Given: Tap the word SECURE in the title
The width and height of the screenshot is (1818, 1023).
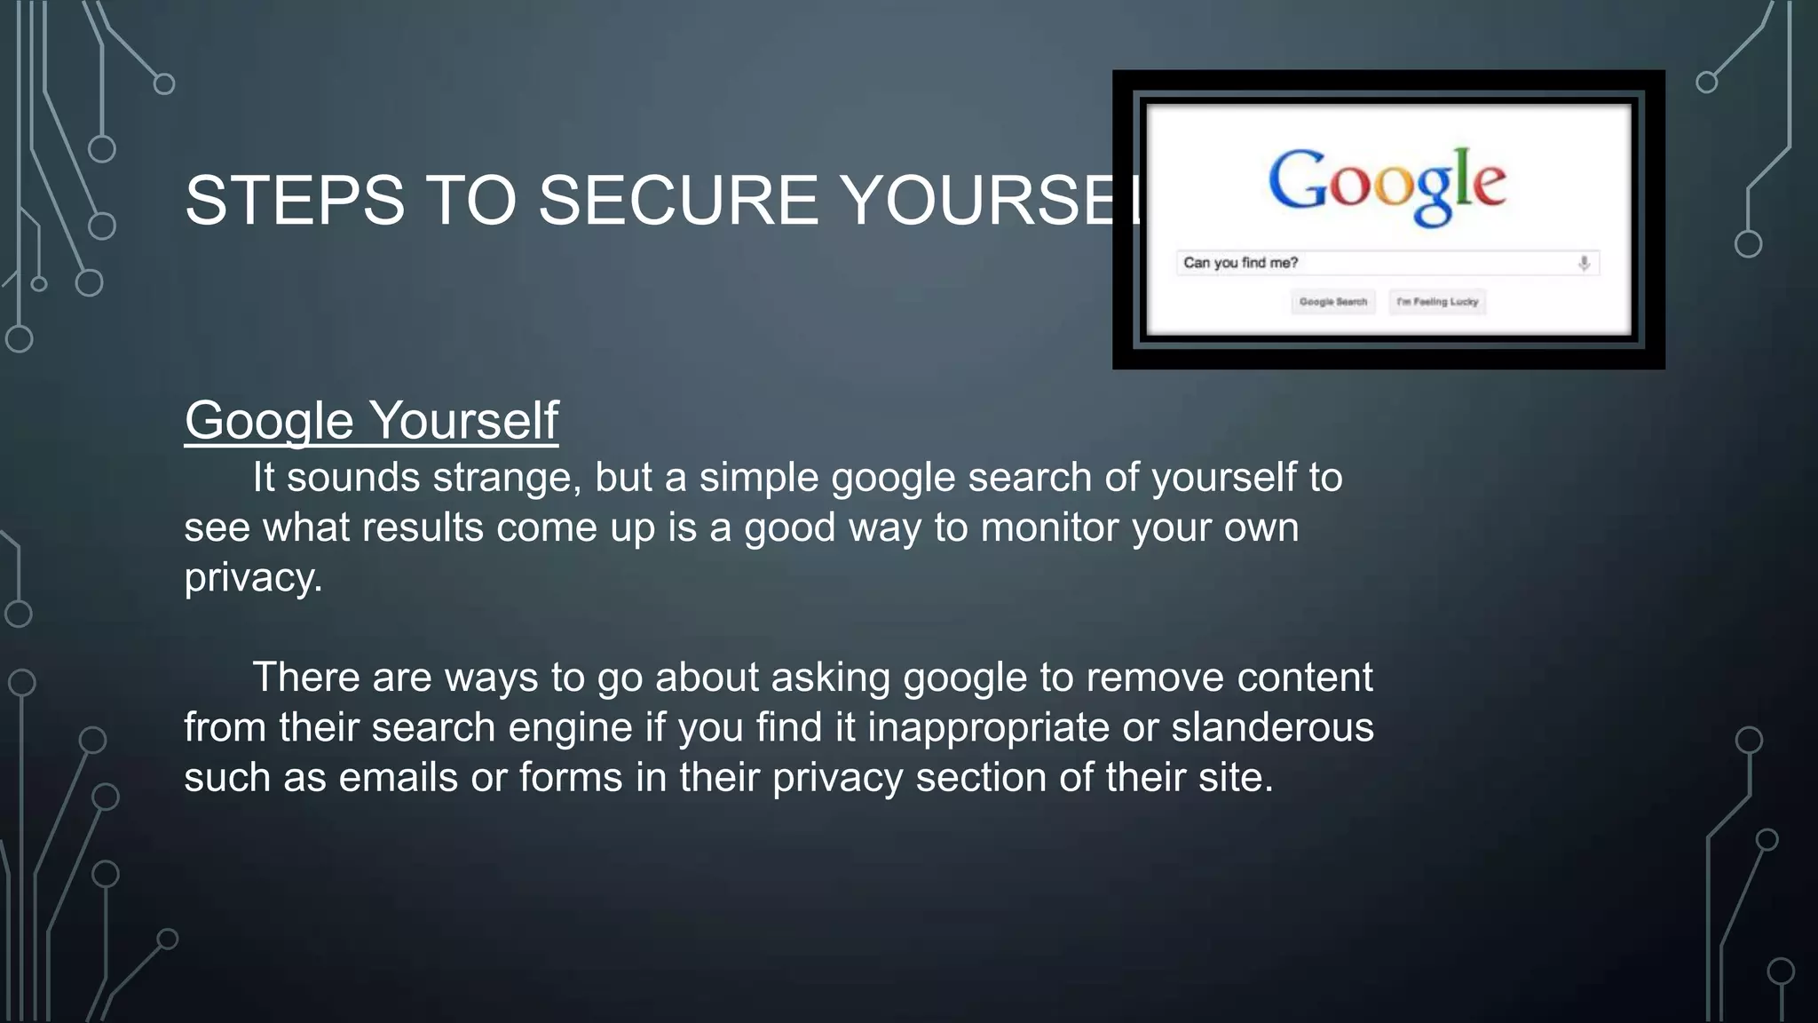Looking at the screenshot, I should tap(678, 200).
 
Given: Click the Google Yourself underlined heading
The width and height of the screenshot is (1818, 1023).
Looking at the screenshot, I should tap(371, 420).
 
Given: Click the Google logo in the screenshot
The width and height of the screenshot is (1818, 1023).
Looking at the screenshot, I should tap(1387, 184).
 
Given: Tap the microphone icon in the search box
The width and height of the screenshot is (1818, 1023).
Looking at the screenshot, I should tap(1584, 264).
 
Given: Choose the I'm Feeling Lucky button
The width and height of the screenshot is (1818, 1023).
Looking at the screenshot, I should tap(1436, 302).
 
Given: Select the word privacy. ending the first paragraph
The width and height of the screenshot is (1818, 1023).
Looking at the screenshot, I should tap(253, 578).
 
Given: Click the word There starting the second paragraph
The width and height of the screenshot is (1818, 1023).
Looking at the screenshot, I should tap(305, 678).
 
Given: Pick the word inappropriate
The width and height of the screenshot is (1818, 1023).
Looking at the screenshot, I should tap(988, 727).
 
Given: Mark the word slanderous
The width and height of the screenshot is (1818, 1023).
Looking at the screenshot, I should tap(1272, 727).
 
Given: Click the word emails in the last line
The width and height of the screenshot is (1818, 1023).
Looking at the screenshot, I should tap(398, 778).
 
